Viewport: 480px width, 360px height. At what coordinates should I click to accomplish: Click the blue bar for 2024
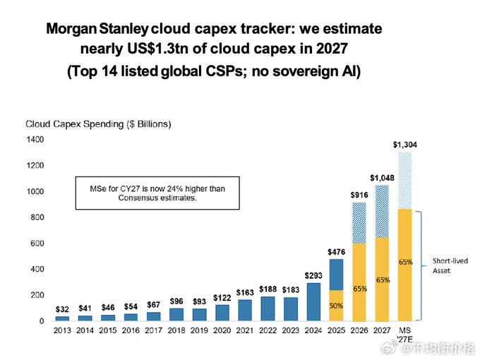pos(313,302)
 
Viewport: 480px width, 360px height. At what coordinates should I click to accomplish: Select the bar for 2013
pos(62,318)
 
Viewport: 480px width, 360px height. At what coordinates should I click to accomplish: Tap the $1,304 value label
pos(404,145)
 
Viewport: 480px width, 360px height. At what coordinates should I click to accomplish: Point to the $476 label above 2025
pos(336,252)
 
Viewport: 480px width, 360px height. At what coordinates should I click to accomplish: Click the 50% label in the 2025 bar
pos(336,306)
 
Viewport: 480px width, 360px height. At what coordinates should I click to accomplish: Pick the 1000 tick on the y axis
pos(35,191)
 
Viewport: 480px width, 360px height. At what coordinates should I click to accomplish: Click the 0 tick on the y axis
pos(42,321)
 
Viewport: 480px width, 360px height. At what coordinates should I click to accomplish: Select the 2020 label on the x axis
pos(222,330)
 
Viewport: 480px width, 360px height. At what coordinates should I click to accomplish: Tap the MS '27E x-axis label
pos(404,335)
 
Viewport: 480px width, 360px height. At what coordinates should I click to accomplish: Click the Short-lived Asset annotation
pos(450,265)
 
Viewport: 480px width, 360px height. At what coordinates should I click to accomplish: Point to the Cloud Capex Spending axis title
pos(98,124)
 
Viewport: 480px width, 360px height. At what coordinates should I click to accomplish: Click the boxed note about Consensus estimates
pos(157,193)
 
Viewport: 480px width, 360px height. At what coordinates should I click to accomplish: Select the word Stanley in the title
pos(124,29)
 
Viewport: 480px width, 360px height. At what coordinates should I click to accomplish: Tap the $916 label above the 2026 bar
pos(359,195)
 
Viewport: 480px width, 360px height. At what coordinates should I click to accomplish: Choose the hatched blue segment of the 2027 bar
pos(382,211)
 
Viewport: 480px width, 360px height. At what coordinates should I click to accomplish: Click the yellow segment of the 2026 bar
pos(359,282)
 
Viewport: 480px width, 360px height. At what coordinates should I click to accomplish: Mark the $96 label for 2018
pos(176,301)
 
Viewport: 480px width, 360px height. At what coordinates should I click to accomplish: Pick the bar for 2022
pos(268,309)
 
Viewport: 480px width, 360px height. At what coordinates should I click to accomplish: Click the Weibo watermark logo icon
pos(389,348)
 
